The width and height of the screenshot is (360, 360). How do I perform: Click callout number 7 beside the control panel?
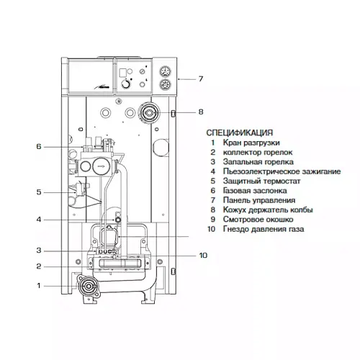click(x=200, y=78)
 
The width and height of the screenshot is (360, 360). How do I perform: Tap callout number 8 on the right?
click(x=201, y=112)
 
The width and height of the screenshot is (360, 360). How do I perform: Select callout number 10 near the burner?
click(x=203, y=255)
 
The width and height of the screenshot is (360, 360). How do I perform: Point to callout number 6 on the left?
click(x=39, y=146)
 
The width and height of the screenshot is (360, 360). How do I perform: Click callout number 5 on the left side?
click(x=39, y=192)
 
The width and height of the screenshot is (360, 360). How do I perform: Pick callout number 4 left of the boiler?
click(x=39, y=220)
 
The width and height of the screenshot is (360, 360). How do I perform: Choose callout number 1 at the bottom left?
click(x=39, y=286)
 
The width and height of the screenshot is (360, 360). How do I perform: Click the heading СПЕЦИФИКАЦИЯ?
click(x=240, y=132)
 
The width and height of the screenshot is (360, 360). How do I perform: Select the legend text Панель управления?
click(x=259, y=200)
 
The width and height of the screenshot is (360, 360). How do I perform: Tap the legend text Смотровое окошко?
click(x=258, y=220)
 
